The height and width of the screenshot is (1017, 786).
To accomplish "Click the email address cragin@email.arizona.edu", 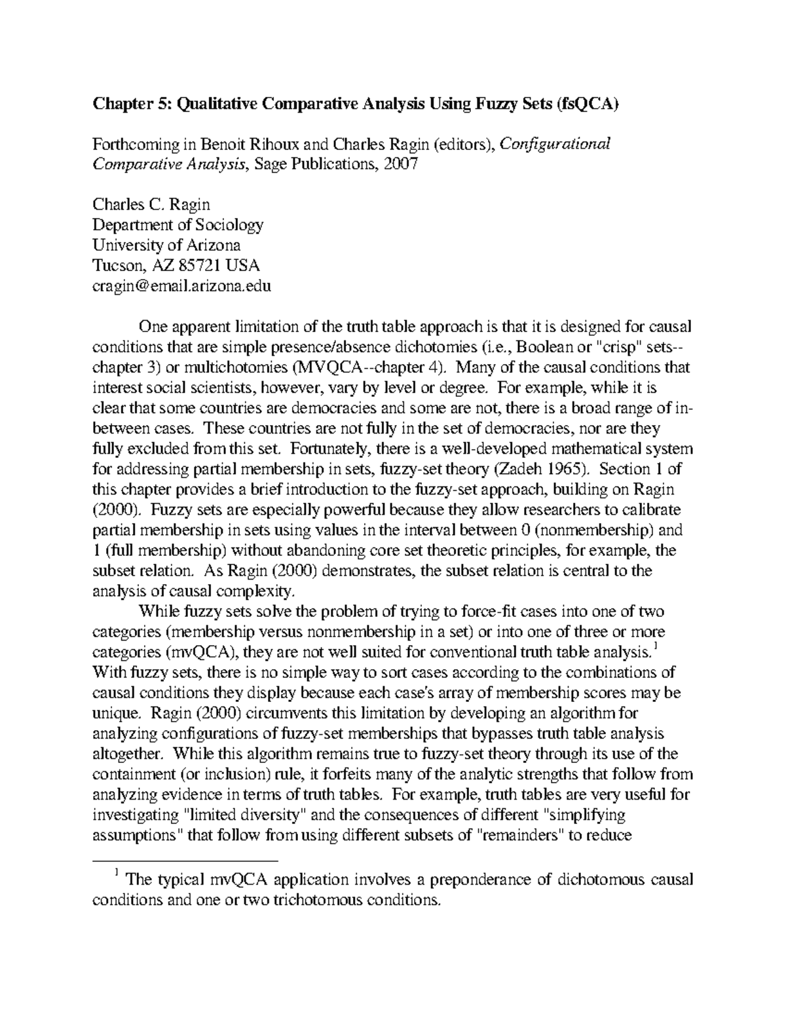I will [181, 286].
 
